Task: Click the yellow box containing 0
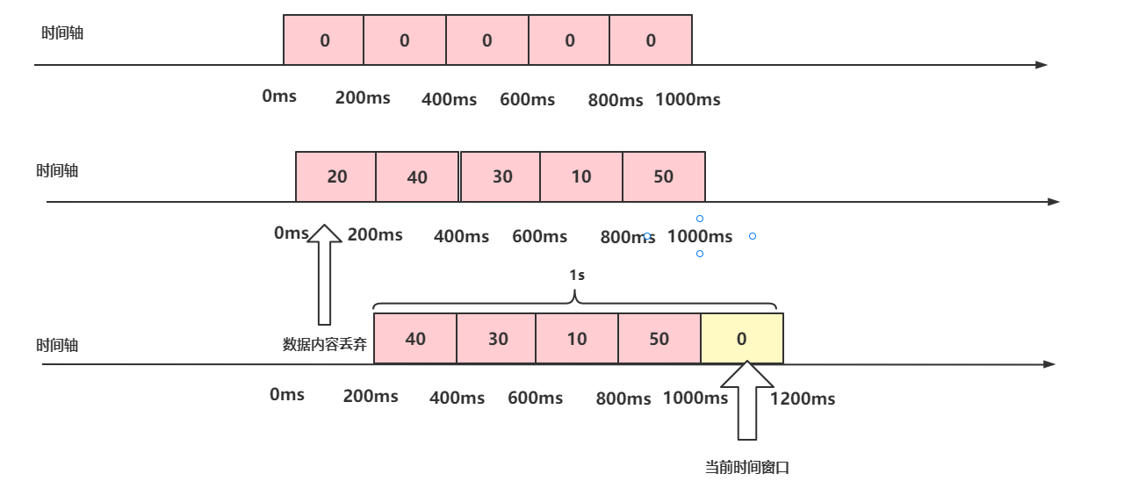[x=741, y=339]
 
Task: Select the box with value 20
[x=336, y=176]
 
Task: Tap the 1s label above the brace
[x=576, y=275]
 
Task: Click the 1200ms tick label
[x=803, y=399]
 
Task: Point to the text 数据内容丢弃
[x=324, y=344]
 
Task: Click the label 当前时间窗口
[x=747, y=467]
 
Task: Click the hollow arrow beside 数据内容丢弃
[x=325, y=274]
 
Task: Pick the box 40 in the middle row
[x=417, y=177]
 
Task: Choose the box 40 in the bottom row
[x=415, y=339]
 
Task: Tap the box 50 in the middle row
[x=663, y=176]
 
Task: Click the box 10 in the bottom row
[x=577, y=339]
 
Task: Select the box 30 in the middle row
[x=501, y=176]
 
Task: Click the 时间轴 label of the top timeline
[x=62, y=33]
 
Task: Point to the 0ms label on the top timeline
[x=279, y=96]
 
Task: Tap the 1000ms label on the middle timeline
[x=700, y=236]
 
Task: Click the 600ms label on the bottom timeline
[x=535, y=398]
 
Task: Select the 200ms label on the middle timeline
[x=375, y=234]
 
